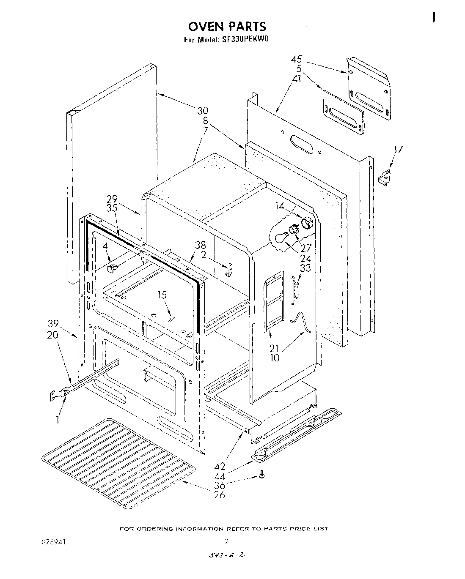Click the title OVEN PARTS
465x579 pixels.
[x=227, y=27]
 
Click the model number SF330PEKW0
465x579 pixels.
[x=245, y=40]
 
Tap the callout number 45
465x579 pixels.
[x=296, y=60]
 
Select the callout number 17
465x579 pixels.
[x=398, y=149]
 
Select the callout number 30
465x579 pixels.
[x=202, y=111]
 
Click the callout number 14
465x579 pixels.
[x=279, y=207]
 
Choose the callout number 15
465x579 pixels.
[x=162, y=295]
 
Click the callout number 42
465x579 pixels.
[x=219, y=467]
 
